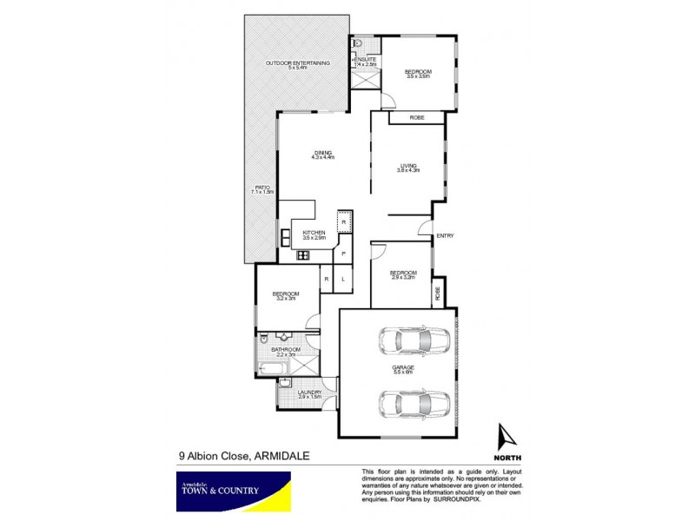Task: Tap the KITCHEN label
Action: pos(313,233)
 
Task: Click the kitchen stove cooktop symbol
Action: pos(303,255)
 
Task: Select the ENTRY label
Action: pos(445,236)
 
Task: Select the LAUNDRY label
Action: pos(309,392)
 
